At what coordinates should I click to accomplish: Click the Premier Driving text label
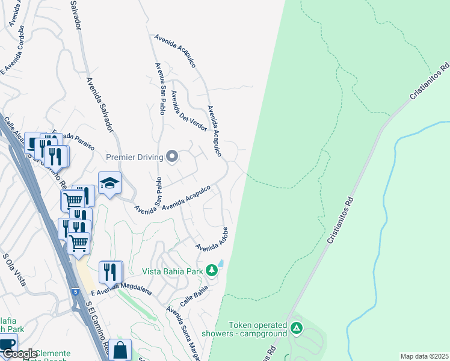(135, 158)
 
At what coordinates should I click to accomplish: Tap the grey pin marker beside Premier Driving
(173, 157)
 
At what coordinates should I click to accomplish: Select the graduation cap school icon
(110, 184)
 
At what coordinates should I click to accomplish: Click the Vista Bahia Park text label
(173, 271)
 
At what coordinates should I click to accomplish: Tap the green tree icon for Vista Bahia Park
(211, 271)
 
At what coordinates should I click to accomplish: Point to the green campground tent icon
(296, 329)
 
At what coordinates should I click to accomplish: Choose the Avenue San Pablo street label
(161, 88)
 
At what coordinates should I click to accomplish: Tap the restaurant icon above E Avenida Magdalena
(110, 273)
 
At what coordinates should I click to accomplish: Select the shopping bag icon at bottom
(120, 350)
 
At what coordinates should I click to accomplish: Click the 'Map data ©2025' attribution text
(424, 356)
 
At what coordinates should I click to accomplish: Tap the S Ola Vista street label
(14, 270)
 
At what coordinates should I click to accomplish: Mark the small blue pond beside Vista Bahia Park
(221, 264)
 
